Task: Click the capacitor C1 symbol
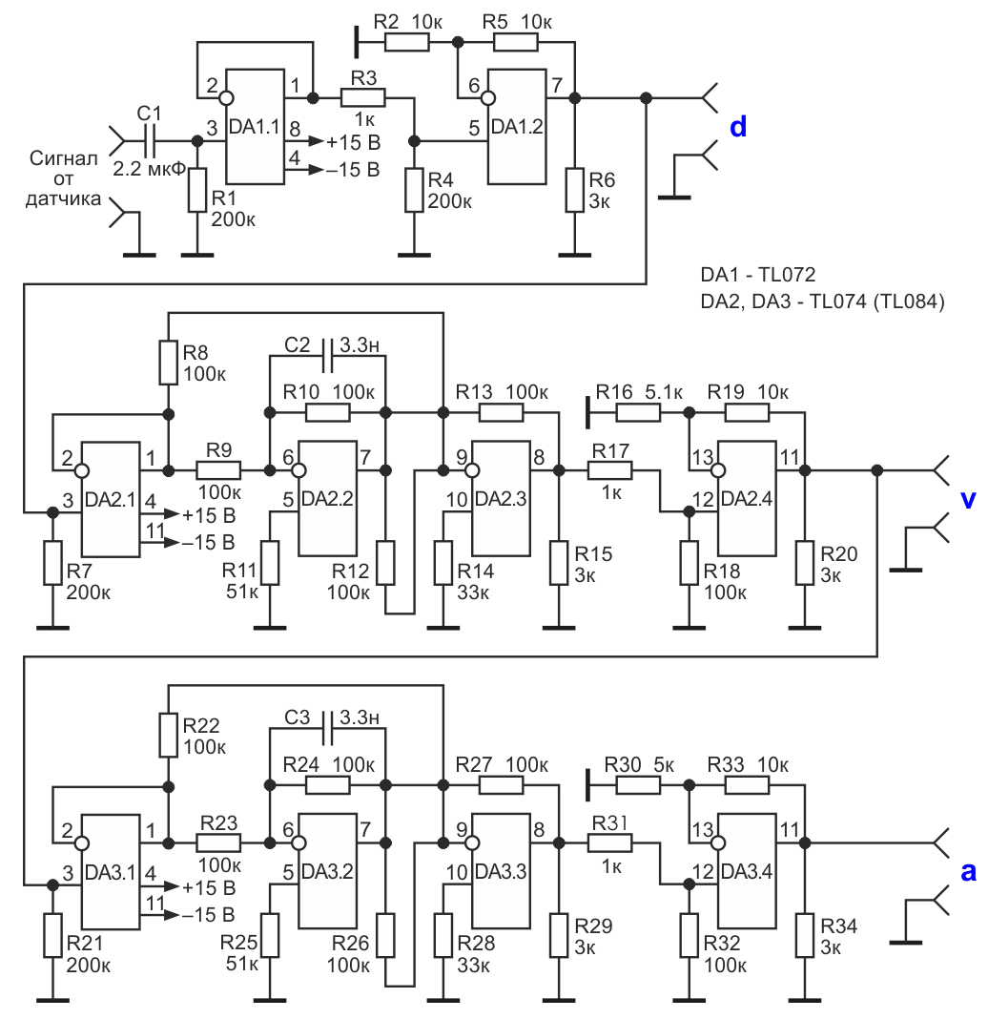click(x=150, y=141)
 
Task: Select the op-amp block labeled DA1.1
click(x=255, y=126)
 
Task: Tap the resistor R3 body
click(x=363, y=98)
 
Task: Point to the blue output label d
click(x=738, y=127)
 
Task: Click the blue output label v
click(x=968, y=499)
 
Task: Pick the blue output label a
click(x=968, y=872)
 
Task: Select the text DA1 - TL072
click(x=757, y=275)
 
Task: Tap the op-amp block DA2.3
click(x=501, y=498)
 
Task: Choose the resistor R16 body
click(x=639, y=413)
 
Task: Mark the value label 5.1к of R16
click(x=664, y=392)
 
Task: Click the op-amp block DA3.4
click(x=747, y=871)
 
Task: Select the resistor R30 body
click(x=639, y=785)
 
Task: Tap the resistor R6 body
click(x=574, y=190)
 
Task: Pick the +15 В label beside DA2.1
click(x=209, y=515)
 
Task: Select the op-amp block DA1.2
click(x=517, y=126)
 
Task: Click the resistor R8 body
click(x=168, y=362)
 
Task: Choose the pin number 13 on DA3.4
click(x=703, y=830)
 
